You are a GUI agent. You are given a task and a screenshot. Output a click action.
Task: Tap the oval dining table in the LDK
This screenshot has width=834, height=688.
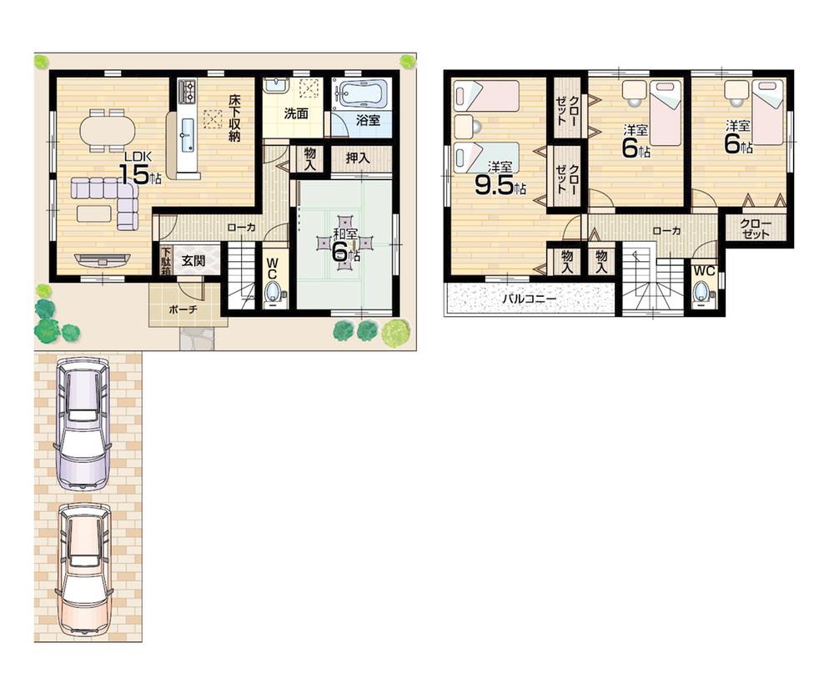(107, 131)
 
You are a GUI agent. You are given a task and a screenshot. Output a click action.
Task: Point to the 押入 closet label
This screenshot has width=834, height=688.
(360, 158)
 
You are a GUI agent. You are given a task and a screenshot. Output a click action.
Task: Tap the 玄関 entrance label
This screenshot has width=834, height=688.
(193, 259)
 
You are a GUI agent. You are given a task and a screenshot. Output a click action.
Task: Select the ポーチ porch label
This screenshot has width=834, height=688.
(183, 308)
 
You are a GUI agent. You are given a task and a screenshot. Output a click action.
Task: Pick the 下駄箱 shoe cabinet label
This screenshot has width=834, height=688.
(166, 259)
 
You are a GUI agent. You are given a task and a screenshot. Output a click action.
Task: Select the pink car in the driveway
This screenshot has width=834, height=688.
(83, 572)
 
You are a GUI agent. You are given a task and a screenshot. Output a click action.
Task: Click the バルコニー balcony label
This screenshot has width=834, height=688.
(529, 298)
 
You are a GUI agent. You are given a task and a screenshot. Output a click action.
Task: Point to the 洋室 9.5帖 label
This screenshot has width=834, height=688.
(500, 180)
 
